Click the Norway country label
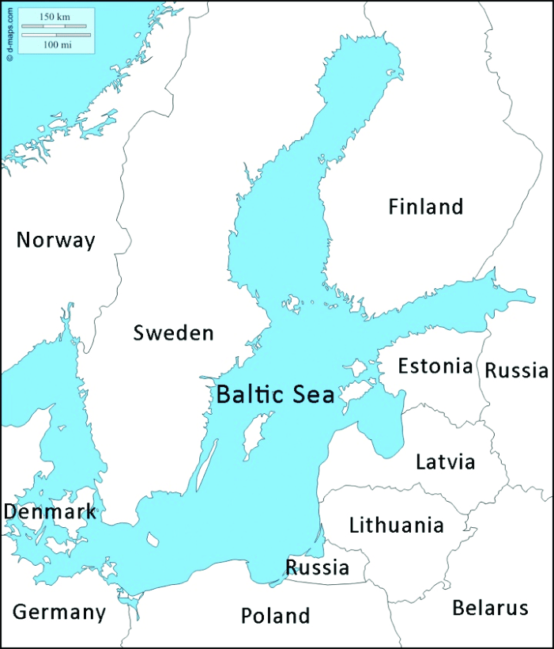pyautogui.click(x=56, y=240)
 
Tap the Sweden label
pyautogui.click(x=173, y=332)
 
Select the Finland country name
pyautogui.click(x=425, y=207)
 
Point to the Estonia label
pyautogui.click(x=435, y=366)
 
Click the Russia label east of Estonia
pyautogui.click(x=516, y=370)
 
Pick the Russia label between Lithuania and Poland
pyautogui.click(x=317, y=567)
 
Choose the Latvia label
pyautogui.click(x=446, y=461)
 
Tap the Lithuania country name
pyautogui.click(x=396, y=525)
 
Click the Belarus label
pyautogui.click(x=489, y=608)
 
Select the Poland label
pyautogui.click(x=275, y=615)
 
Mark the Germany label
pyautogui.click(x=59, y=612)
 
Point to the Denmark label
pyautogui.click(x=50, y=512)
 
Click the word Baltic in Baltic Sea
pyautogui.click(x=250, y=394)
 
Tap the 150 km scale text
pyautogui.click(x=55, y=17)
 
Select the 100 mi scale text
pyautogui.click(x=55, y=44)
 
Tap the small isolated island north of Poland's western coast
pyautogui.click(x=152, y=540)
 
